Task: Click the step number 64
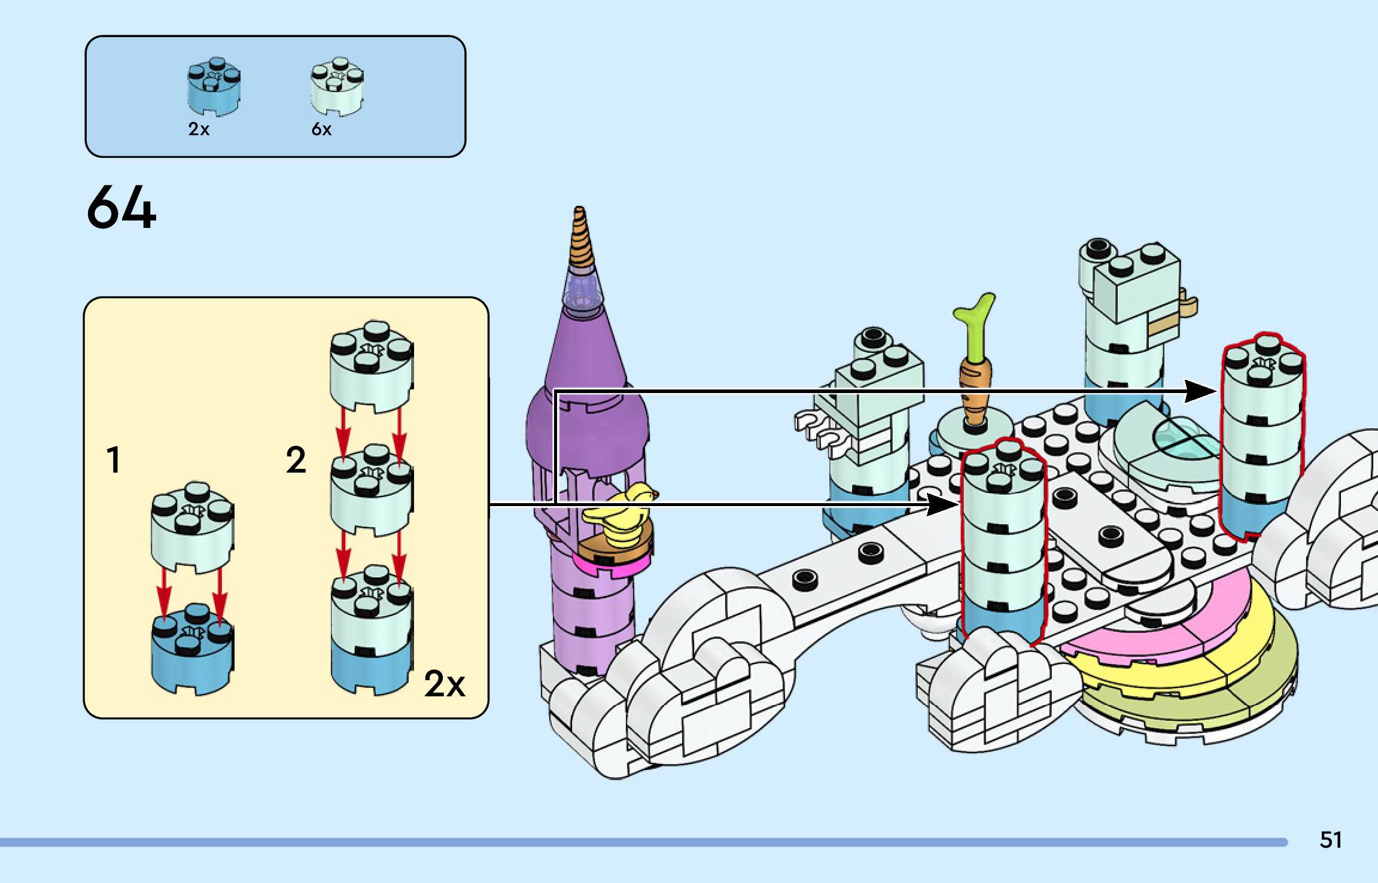121,207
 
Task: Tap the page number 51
1330,840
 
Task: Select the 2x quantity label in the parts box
199,129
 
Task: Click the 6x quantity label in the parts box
321,129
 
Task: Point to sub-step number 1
113,460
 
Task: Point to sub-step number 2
296,460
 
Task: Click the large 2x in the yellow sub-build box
444,683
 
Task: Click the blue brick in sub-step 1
191,652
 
